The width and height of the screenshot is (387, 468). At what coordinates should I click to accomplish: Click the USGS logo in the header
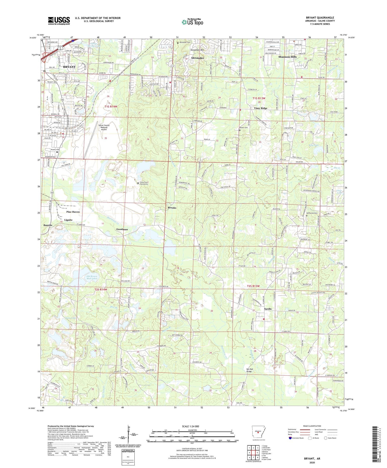(x=59, y=21)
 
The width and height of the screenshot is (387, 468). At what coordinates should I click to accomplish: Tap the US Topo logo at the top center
(x=192, y=22)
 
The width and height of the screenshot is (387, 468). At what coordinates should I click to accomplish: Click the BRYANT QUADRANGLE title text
(x=320, y=18)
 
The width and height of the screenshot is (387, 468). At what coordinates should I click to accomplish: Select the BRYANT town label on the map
(x=69, y=67)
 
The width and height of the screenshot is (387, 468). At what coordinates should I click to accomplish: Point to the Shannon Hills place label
(x=287, y=57)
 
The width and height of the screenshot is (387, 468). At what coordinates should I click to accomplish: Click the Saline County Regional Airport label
(x=104, y=127)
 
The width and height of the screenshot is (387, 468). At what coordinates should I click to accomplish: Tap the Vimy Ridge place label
(x=261, y=108)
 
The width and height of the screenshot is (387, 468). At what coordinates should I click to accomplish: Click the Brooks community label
(x=172, y=208)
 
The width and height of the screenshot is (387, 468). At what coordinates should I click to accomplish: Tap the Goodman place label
(x=122, y=229)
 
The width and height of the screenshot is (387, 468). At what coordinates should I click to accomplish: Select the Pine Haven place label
(x=73, y=212)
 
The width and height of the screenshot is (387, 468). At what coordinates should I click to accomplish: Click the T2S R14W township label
(x=101, y=290)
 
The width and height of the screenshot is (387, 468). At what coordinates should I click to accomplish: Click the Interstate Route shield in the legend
(x=290, y=438)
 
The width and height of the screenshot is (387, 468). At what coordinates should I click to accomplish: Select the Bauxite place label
(x=48, y=225)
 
